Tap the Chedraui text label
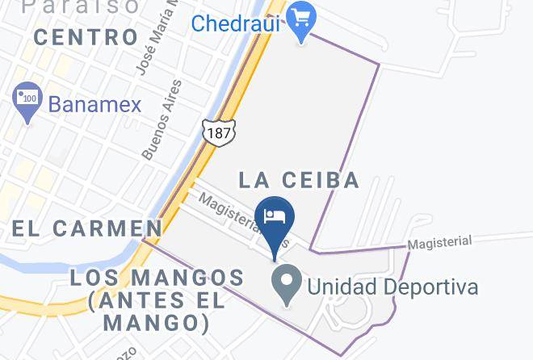click(235, 23)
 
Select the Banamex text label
click(94, 104)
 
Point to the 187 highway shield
click(217, 131)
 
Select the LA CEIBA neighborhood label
click(298, 179)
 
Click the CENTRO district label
click(86, 37)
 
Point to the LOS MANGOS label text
click(157, 278)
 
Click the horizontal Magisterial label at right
click(439, 242)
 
